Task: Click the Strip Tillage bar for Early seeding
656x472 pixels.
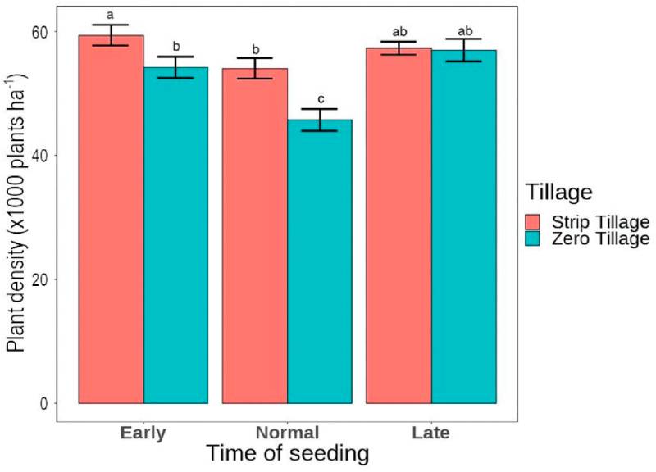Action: point(111,219)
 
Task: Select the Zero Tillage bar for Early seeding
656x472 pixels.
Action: point(175,235)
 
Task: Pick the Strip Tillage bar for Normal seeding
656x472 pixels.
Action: point(255,236)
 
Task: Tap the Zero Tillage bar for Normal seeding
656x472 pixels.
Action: point(320,261)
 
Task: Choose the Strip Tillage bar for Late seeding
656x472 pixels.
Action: point(399,226)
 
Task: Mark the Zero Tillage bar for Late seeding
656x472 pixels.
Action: point(464,227)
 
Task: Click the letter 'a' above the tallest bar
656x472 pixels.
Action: point(111,16)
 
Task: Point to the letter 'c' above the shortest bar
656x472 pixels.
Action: point(321,99)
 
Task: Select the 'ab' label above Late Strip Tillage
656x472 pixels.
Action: point(399,32)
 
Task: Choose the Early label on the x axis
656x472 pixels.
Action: point(143,433)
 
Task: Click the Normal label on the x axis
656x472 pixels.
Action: point(288,433)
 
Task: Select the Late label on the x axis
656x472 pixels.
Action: point(431,433)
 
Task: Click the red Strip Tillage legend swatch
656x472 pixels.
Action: point(532,222)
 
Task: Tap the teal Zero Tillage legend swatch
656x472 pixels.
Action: point(532,238)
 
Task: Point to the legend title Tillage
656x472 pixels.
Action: point(559,193)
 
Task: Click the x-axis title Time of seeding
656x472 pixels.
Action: point(288,454)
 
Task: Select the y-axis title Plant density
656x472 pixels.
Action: point(16,213)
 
